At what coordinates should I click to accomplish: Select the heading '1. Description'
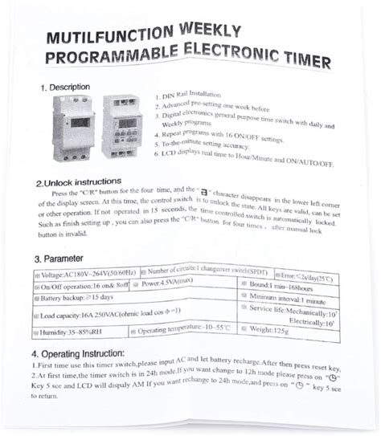click(x=66, y=88)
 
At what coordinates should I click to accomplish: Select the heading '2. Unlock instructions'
click(x=84, y=182)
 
